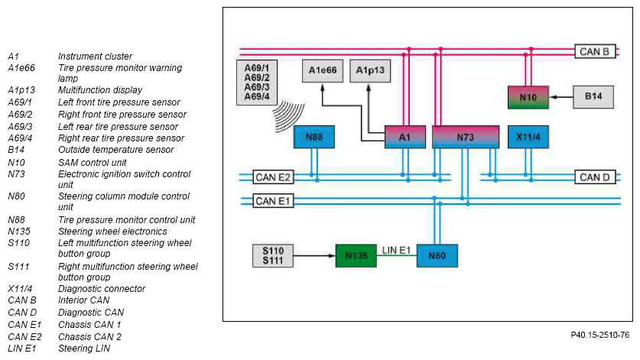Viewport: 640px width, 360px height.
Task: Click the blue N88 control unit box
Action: pyautogui.click(x=314, y=137)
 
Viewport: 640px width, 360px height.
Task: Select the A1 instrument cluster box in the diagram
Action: pyautogui.click(x=405, y=137)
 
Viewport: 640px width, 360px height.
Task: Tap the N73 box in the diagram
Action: pyautogui.click(x=466, y=137)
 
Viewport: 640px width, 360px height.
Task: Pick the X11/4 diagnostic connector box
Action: pyautogui.click(x=528, y=137)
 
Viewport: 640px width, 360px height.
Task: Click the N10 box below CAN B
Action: pyautogui.click(x=528, y=97)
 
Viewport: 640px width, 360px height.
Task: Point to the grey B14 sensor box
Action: pyautogui.click(x=593, y=97)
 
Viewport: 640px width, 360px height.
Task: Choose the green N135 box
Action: pyautogui.click(x=356, y=255)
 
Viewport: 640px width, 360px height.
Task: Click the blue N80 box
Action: pyautogui.click(x=437, y=255)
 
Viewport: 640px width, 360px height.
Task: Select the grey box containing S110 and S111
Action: pyautogui.click(x=273, y=255)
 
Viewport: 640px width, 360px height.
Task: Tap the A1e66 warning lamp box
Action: pyautogui.click(x=323, y=71)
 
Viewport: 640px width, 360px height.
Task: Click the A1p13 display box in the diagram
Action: pyautogui.click(x=370, y=71)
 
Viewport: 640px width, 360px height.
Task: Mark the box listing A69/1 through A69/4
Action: pyautogui.click(x=257, y=83)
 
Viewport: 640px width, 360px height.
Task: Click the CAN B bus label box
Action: pyautogui.click(x=595, y=51)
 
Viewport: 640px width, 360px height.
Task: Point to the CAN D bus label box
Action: pyautogui.click(x=595, y=177)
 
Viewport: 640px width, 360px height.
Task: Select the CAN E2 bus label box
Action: pyautogui.click(x=273, y=177)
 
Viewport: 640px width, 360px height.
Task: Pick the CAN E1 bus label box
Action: pyautogui.click(x=273, y=201)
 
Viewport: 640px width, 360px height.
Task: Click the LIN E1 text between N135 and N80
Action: pyautogui.click(x=396, y=250)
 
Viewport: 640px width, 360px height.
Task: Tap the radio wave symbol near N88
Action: pyautogui.click(x=288, y=115)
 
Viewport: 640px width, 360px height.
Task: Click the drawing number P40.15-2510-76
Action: pyautogui.click(x=600, y=335)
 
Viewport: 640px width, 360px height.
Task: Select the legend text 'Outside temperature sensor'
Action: pyautogui.click(x=116, y=150)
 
